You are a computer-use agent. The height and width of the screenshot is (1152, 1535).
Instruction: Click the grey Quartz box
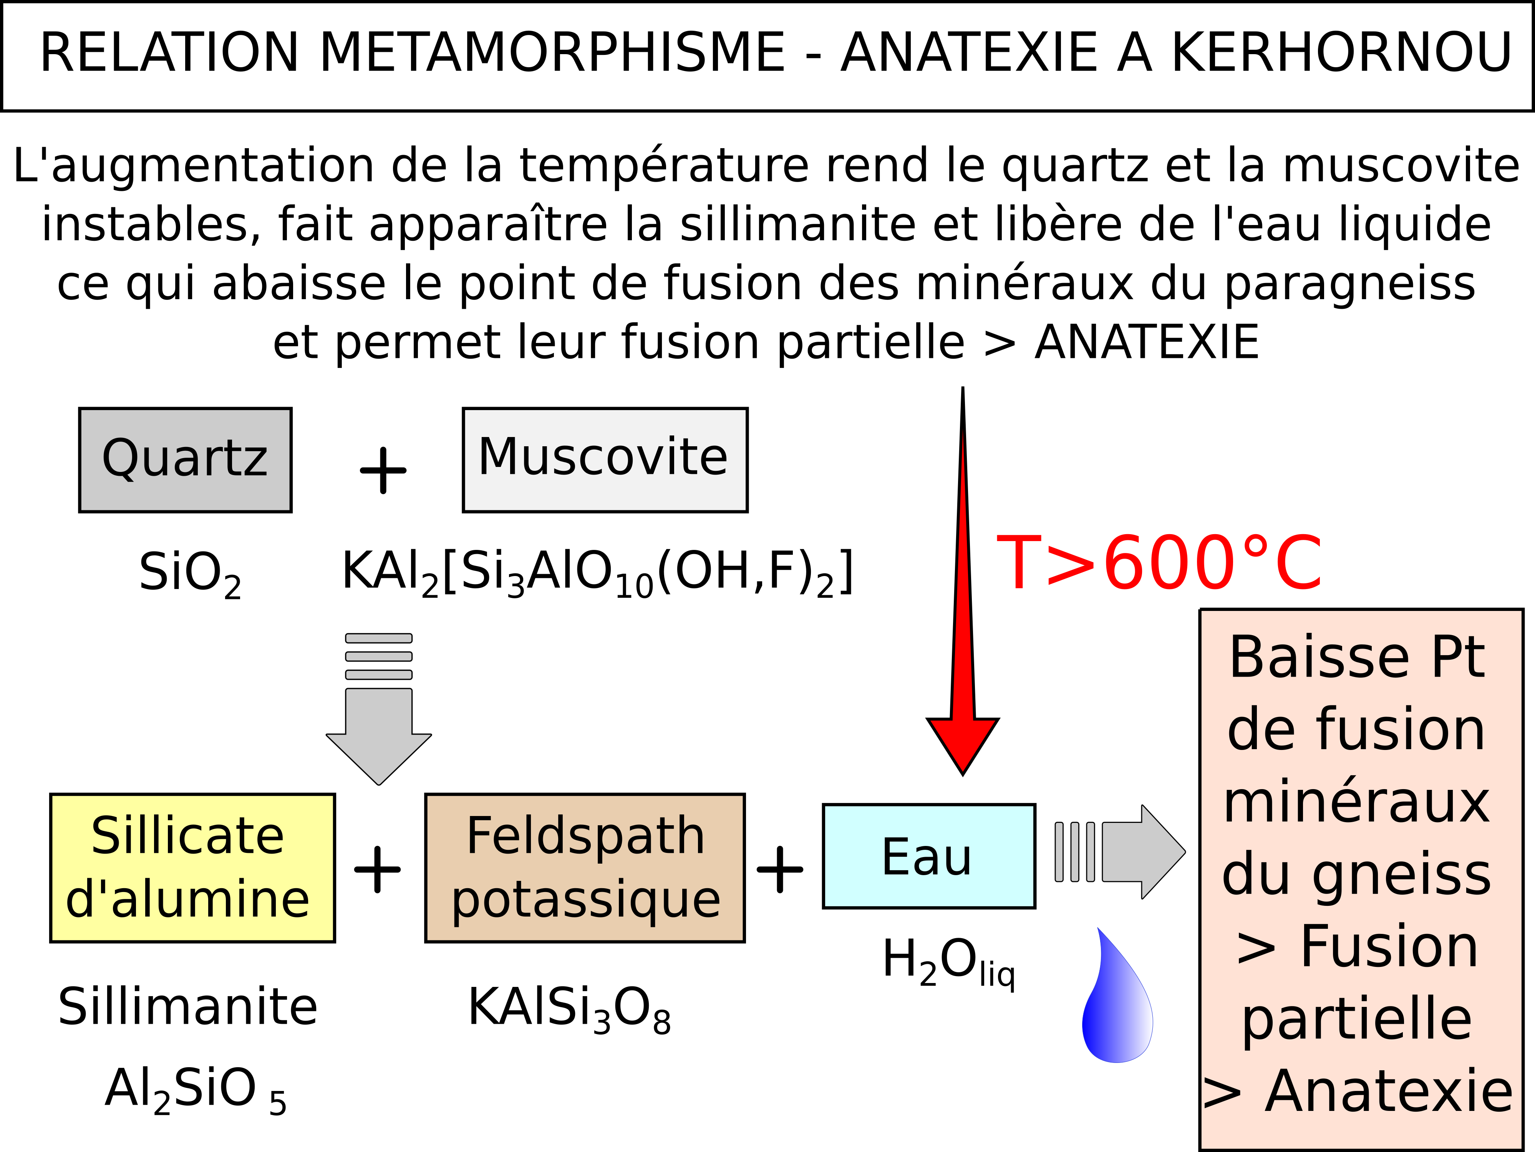tap(185, 460)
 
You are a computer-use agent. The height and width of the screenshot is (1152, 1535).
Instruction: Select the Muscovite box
tap(605, 460)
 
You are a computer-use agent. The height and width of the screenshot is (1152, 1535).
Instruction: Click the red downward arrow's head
tap(963, 746)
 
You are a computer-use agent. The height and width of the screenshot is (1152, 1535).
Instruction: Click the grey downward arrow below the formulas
tap(379, 709)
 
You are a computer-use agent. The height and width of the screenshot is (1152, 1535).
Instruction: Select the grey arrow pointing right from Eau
tap(1120, 852)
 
